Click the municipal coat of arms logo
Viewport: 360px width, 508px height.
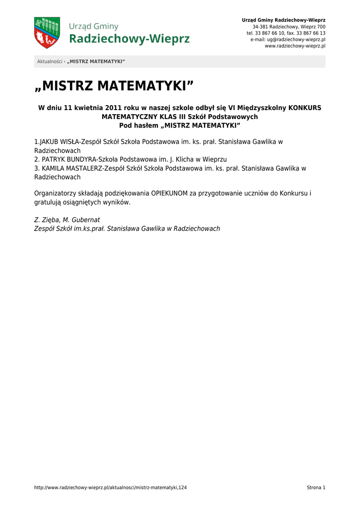click(x=47, y=33)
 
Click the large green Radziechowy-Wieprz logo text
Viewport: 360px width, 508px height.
click(x=129, y=39)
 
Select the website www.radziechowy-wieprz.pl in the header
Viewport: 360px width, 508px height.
click(x=295, y=46)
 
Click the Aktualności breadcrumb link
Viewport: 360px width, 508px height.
click(x=50, y=62)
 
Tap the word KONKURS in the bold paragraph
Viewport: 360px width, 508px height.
click(x=305, y=108)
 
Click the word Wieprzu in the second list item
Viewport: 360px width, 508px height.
click(x=215, y=159)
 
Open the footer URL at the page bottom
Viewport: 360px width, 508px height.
click(x=110, y=488)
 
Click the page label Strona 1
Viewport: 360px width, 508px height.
click(x=316, y=488)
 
